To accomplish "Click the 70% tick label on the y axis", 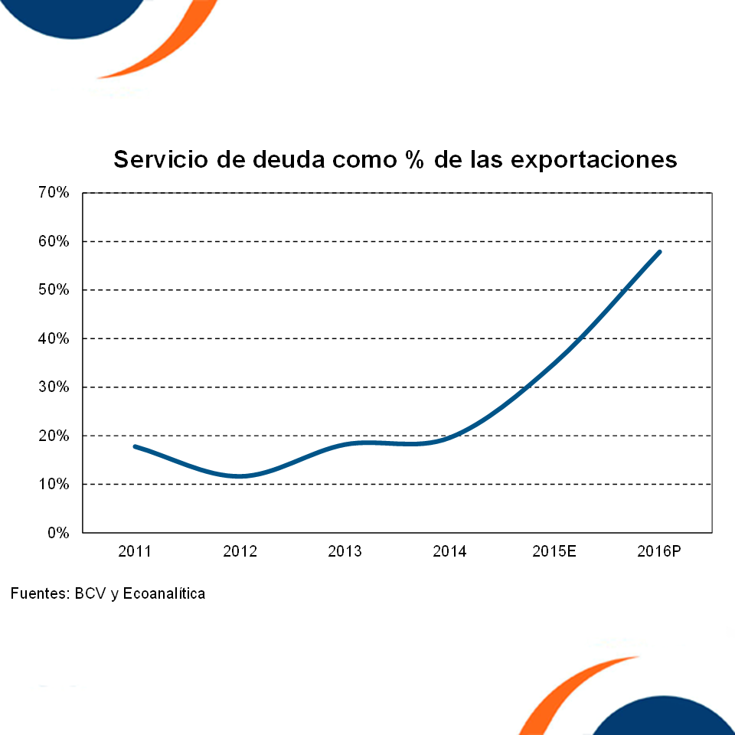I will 53,193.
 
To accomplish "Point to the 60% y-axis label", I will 53,241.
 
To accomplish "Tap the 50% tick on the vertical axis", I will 53,290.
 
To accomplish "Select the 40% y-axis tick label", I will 53,338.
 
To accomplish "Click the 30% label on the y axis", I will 53,387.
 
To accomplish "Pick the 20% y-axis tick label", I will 53,436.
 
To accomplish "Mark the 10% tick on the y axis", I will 53,485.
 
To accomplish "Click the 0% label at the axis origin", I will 57,533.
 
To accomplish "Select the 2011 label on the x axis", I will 135,551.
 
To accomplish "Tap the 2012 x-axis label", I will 240,551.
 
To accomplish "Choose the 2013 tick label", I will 345,551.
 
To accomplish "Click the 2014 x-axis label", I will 449,551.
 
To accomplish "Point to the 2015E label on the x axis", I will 554,551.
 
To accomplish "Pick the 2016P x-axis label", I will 659,551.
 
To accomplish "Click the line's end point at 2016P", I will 659,251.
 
